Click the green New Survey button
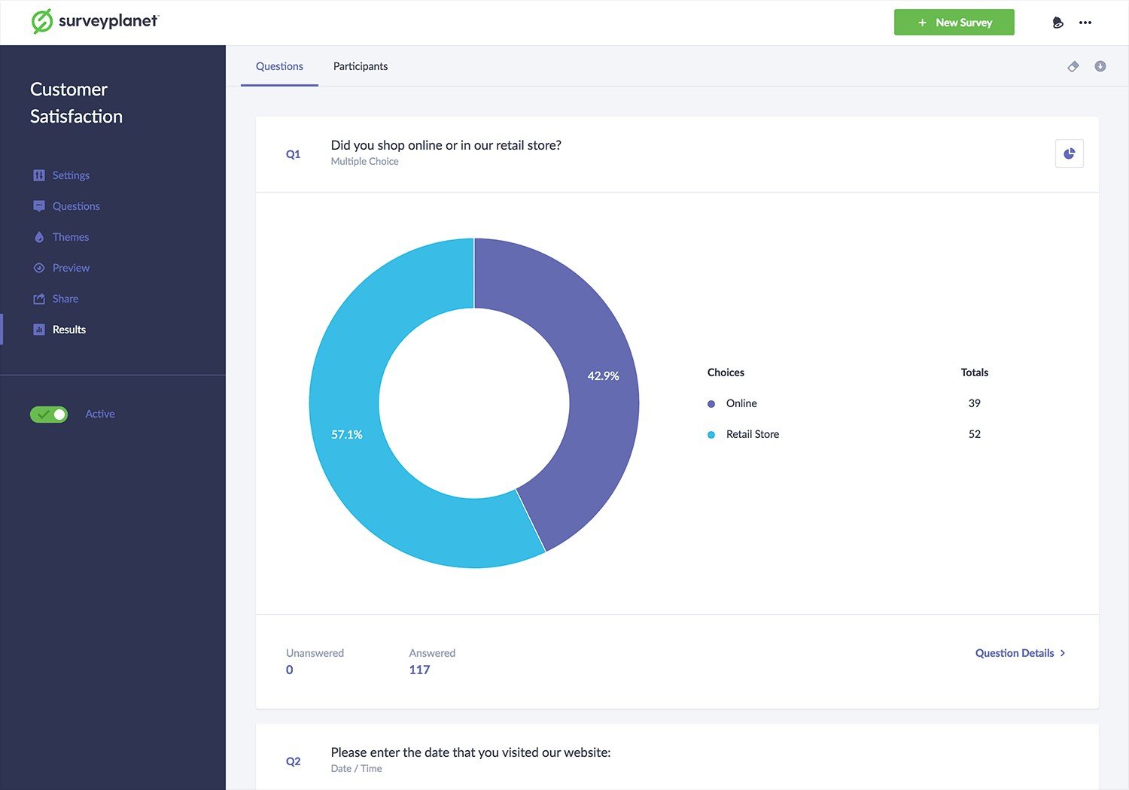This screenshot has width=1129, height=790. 954,22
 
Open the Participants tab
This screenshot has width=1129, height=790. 361,66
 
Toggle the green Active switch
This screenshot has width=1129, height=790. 49,414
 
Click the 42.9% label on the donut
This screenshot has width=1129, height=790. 603,375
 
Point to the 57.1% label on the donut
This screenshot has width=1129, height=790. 347,434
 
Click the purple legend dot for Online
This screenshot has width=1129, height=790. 711,403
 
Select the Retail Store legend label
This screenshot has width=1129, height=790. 753,434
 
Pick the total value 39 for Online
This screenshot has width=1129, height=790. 974,403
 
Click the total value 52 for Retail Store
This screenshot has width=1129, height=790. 974,434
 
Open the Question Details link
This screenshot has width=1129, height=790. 1020,653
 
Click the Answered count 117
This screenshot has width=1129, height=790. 419,670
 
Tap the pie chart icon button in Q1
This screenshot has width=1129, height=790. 1069,153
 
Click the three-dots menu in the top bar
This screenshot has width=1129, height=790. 1085,22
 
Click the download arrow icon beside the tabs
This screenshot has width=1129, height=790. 1100,66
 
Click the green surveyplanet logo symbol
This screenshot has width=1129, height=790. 42,21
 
